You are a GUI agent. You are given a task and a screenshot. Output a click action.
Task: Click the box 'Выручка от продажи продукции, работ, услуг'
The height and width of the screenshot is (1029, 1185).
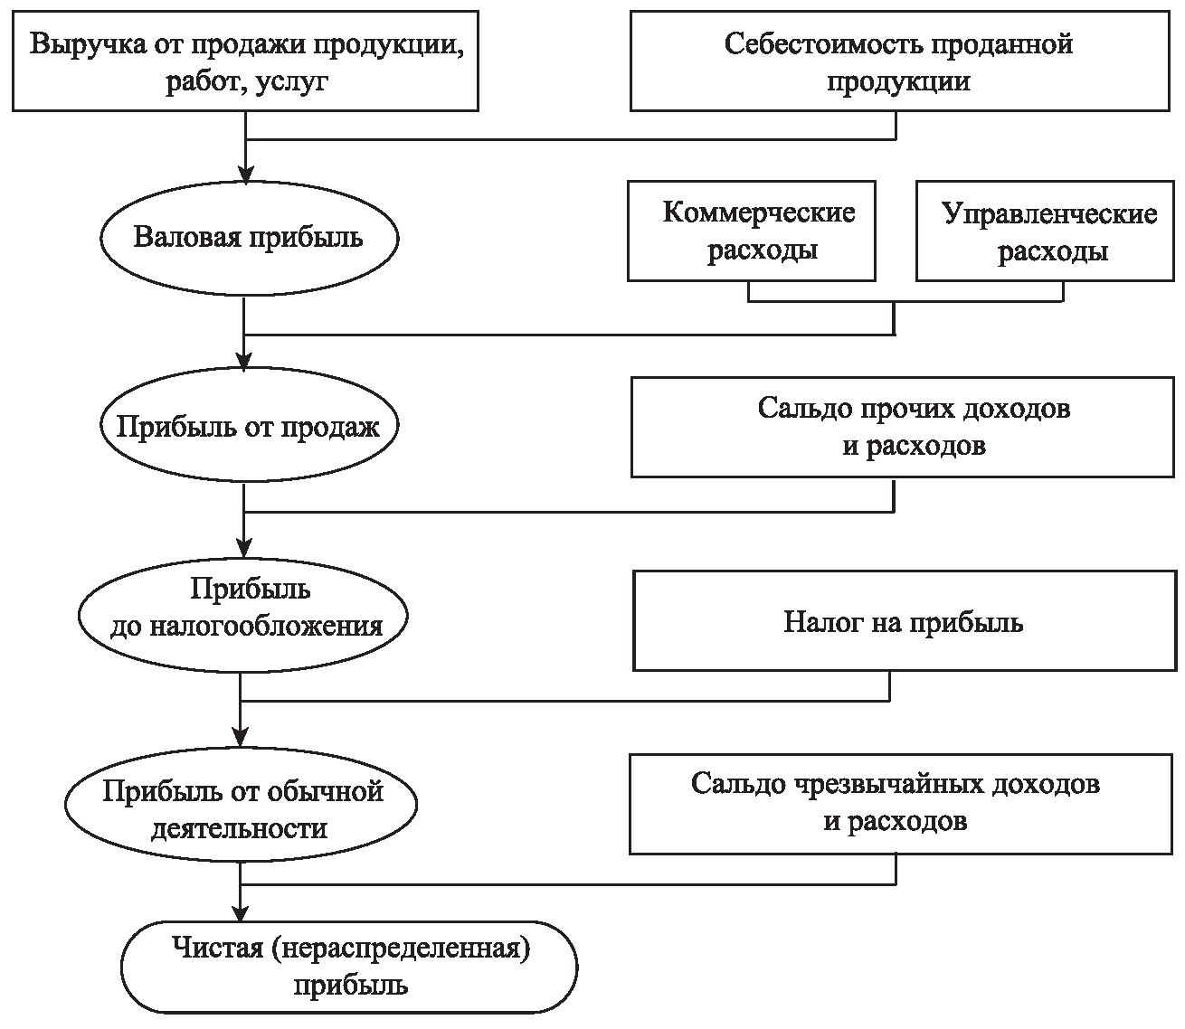point(245,61)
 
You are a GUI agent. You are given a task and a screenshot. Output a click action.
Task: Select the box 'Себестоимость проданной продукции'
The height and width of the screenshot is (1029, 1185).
point(898,61)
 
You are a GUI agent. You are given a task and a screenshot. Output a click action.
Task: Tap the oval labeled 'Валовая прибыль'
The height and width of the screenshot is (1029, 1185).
point(248,238)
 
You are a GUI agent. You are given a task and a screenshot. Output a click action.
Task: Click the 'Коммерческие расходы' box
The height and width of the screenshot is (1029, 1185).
point(752,231)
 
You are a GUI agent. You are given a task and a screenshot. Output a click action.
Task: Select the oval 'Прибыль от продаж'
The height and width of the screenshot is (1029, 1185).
point(248,427)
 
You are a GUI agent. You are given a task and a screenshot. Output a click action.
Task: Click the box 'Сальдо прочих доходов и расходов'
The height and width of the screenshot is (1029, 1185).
point(903,427)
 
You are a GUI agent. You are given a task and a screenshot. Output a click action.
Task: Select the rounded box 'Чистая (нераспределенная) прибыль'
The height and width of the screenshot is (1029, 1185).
point(350,966)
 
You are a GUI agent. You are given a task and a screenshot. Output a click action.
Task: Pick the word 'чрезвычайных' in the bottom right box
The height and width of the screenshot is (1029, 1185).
point(885,784)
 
